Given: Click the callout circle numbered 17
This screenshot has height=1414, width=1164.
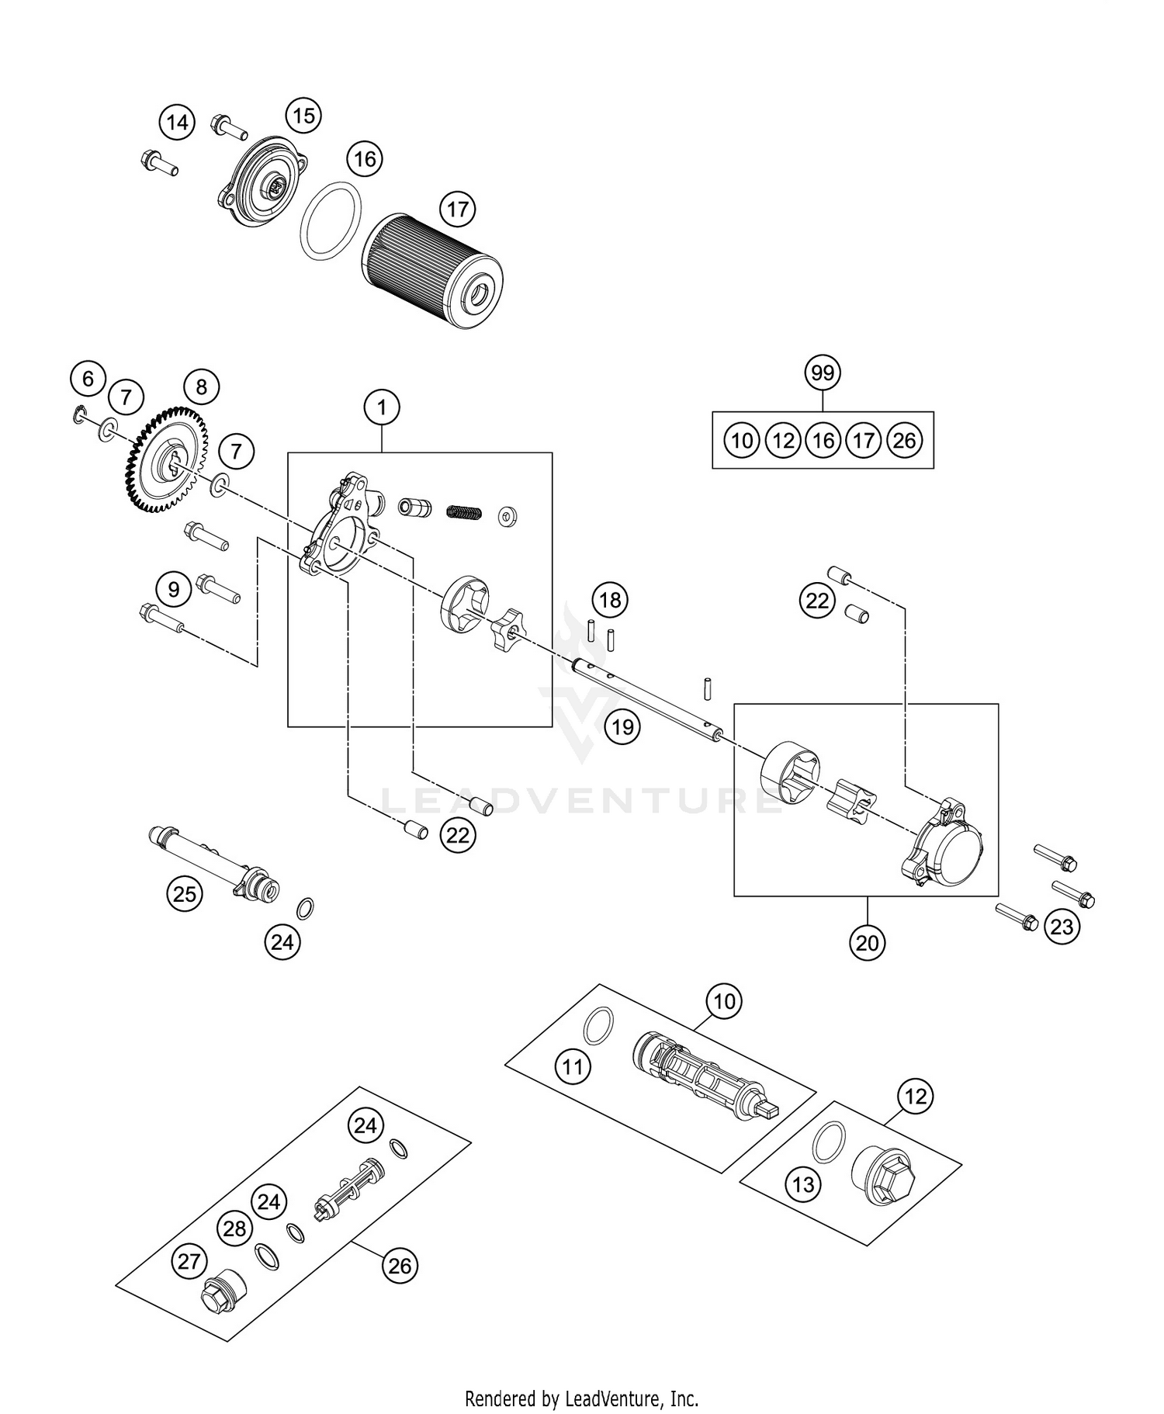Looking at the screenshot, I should [x=457, y=209].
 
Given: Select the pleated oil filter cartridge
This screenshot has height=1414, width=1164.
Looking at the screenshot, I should [x=432, y=267].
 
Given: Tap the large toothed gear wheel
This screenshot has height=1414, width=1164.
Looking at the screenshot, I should [x=165, y=461].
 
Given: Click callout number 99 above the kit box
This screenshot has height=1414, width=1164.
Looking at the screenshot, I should [x=823, y=373].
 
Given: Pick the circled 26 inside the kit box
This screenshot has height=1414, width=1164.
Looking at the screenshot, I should [x=904, y=441].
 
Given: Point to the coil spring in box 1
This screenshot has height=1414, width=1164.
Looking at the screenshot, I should [x=465, y=511].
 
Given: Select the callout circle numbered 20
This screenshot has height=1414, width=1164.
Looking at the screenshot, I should [x=867, y=942].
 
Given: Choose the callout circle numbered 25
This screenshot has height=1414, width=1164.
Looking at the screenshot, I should [x=185, y=894].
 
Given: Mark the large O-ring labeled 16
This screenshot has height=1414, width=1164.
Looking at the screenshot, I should [x=331, y=221].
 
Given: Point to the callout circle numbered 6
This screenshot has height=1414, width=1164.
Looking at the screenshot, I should [x=88, y=379].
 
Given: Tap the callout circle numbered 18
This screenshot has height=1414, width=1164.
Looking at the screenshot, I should [x=610, y=599].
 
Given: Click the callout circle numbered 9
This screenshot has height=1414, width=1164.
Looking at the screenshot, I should [x=174, y=589].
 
